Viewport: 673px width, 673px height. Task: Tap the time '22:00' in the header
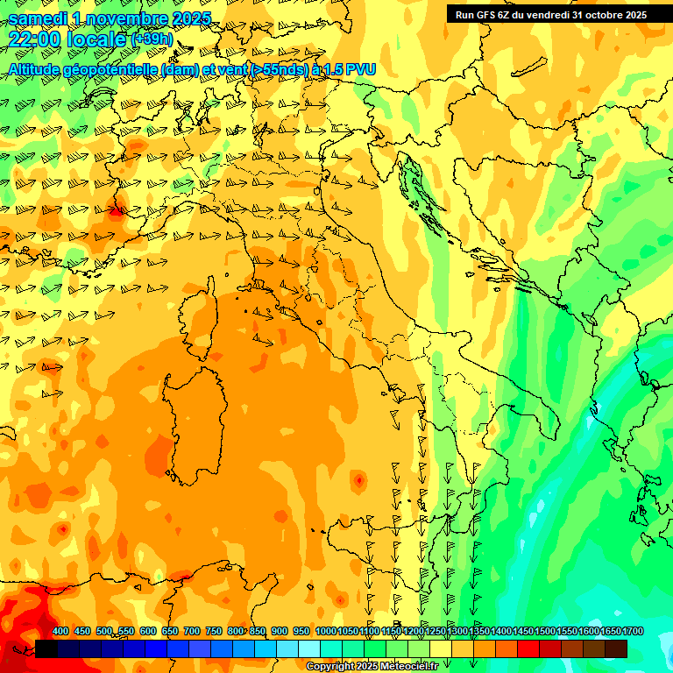click(x=34, y=39)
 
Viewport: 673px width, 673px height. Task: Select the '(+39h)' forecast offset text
click(x=152, y=39)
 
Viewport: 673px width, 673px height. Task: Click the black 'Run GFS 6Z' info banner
click(x=550, y=14)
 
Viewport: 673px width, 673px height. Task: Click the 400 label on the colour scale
click(x=60, y=632)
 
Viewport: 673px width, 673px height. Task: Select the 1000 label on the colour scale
click(x=326, y=632)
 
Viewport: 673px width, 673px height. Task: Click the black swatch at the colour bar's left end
click(x=46, y=648)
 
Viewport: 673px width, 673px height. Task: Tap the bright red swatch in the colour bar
click(x=528, y=648)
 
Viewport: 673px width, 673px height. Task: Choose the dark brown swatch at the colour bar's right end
click(x=616, y=648)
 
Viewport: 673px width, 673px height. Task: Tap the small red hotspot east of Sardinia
click(x=358, y=480)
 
